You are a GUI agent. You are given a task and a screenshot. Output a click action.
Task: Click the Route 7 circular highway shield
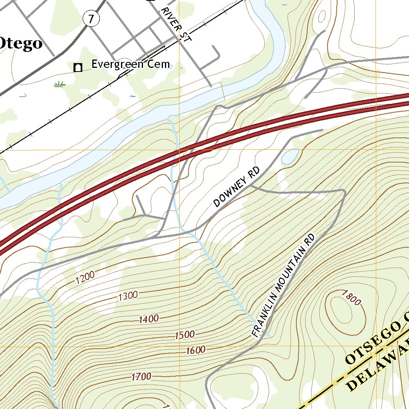point(91,18)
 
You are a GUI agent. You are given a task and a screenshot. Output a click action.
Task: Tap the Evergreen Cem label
point(131,64)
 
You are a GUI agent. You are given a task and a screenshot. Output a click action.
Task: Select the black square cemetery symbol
point(78,68)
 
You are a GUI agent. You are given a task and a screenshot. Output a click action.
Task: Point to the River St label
point(175,25)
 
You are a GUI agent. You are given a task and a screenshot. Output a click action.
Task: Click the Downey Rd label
point(236,187)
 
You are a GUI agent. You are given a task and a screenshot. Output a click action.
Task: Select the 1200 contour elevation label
point(85,277)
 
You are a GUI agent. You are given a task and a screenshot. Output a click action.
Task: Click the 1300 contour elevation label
point(128,296)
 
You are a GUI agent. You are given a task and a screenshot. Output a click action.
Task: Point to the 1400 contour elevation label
point(149,319)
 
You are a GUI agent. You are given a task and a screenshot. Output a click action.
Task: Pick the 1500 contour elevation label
point(185,335)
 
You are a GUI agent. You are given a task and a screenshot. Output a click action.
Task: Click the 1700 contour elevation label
point(141,376)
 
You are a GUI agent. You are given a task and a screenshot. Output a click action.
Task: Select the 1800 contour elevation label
point(351,298)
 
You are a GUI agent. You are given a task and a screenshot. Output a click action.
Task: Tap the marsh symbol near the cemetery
point(60,84)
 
